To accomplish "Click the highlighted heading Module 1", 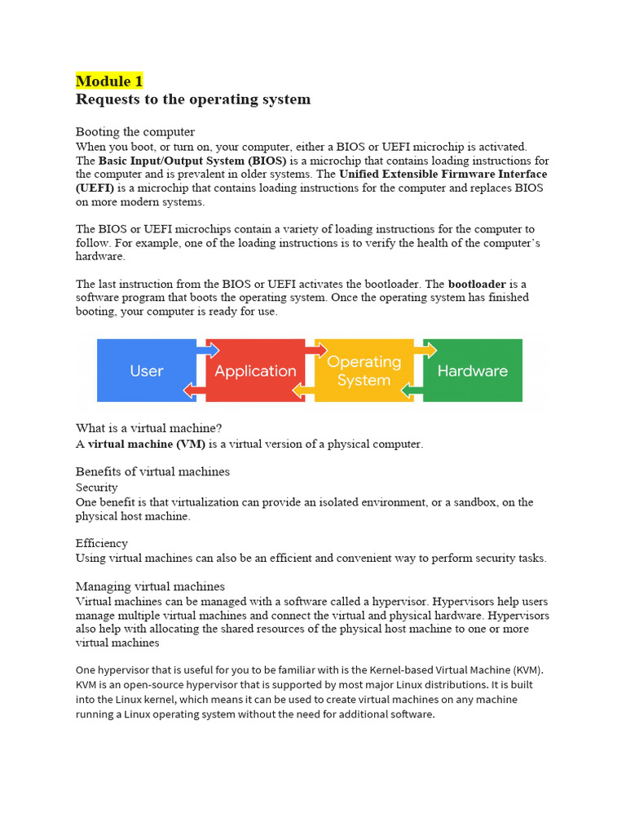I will click(x=109, y=81).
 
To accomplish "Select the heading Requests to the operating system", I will click(x=193, y=99).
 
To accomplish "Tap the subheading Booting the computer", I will click(x=135, y=131).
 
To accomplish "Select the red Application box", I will click(x=255, y=371).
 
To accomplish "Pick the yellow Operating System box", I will click(x=364, y=371).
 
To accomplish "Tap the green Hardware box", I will click(x=473, y=371).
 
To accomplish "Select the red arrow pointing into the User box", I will click(x=194, y=391).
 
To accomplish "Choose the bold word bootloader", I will click(x=477, y=284).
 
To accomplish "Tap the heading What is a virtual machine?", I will click(x=149, y=428).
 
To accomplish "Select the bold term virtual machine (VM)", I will click(x=146, y=444).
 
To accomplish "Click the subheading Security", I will click(x=97, y=488).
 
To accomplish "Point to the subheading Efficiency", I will click(x=102, y=543).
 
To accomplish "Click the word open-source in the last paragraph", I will click(x=157, y=685).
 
